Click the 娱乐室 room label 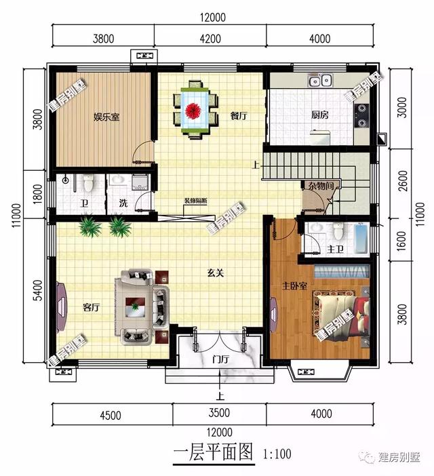click(x=106, y=117)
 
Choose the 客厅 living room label click(x=91, y=307)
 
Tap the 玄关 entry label click(x=216, y=274)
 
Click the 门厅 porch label click(x=219, y=359)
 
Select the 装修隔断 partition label click(x=196, y=201)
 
